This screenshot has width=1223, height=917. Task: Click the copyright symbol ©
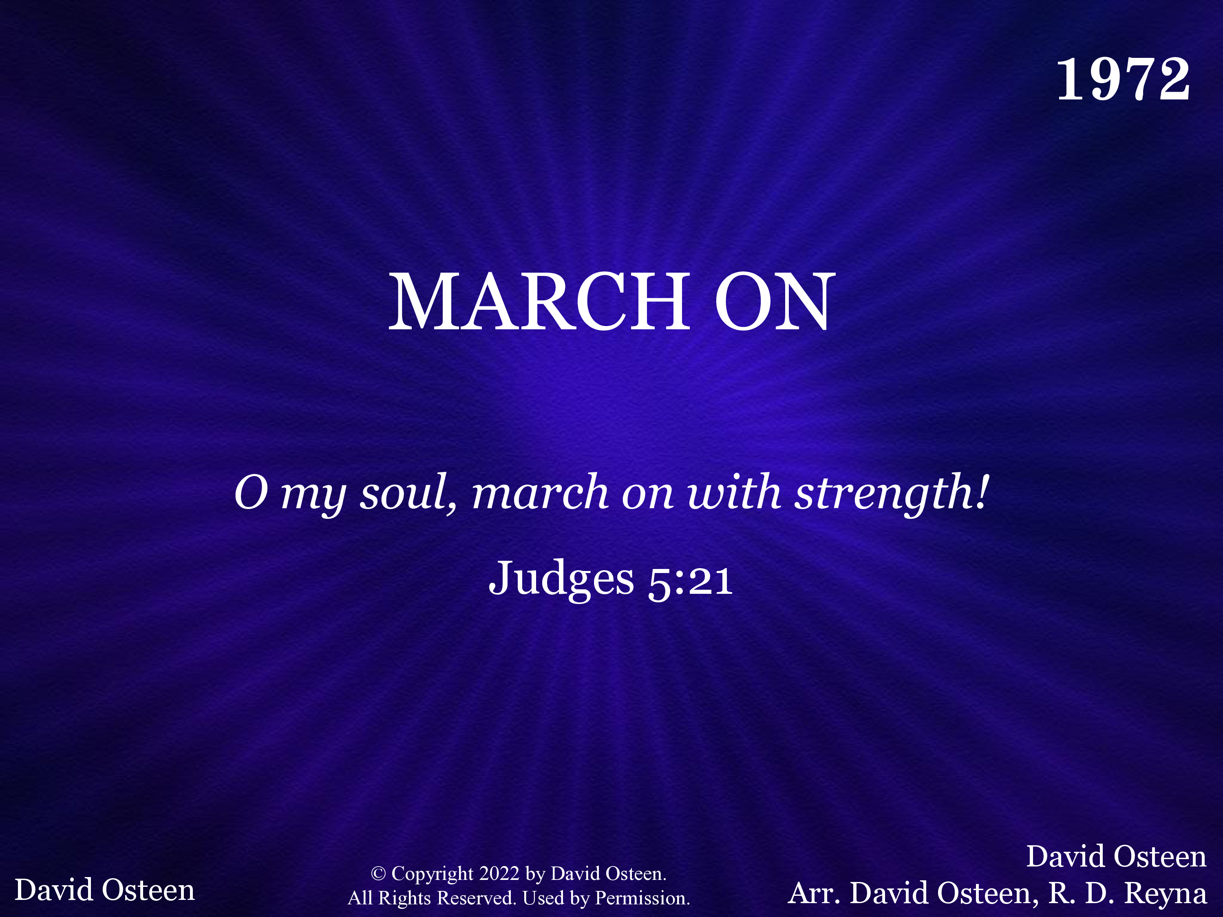pyautogui.click(x=378, y=873)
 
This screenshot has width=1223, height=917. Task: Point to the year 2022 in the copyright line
pyautogui.click(x=499, y=873)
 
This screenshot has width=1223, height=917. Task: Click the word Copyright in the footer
pyautogui.click(x=433, y=874)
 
